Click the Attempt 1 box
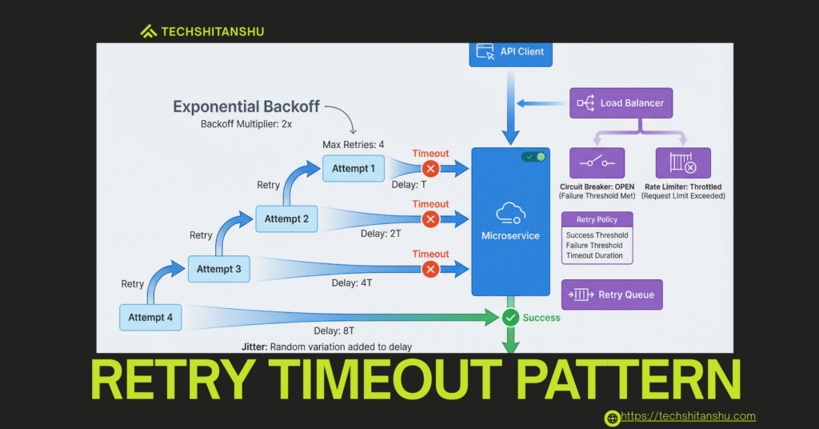pos(354,169)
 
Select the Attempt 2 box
pos(286,219)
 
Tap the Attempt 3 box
pos(218,269)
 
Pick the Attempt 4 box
pos(150,317)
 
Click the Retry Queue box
pos(612,295)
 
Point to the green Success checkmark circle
pos(511,318)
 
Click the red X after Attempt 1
pos(430,169)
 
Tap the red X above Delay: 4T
pos(430,269)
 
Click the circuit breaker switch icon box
pos(597,162)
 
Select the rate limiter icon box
pos(682,162)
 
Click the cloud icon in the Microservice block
pos(510,213)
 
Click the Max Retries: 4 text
pos(354,144)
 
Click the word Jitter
pos(254,347)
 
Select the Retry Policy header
pos(597,219)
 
